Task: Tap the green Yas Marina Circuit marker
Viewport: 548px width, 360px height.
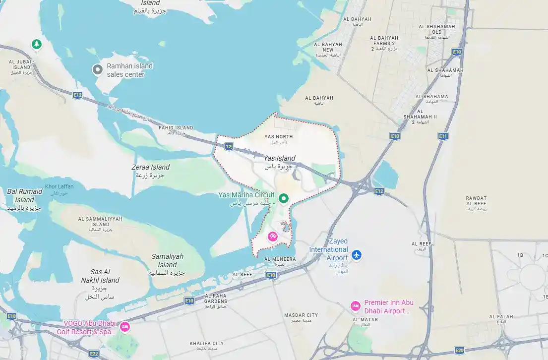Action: pyautogui.click(x=284, y=199)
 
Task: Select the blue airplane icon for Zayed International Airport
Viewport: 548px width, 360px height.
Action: pyautogui.click(x=356, y=255)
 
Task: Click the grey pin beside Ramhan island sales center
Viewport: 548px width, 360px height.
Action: pyautogui.click(x=98, y=70)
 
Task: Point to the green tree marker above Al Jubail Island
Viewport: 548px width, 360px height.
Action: pyautogui.click(x=36, y=45)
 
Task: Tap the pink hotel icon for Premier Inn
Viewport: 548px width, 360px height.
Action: pyautogui.click(x=355, y=306)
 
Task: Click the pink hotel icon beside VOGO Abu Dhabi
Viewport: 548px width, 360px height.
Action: pyautogui.click(x=125, y=327)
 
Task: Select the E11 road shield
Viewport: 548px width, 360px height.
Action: pyautogui.click(x=443, y=135)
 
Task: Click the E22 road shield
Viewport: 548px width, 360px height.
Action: pyautogui.click(x=94, y=354)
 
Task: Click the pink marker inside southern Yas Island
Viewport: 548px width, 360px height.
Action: pyautogui.click(x=273, y=237)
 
